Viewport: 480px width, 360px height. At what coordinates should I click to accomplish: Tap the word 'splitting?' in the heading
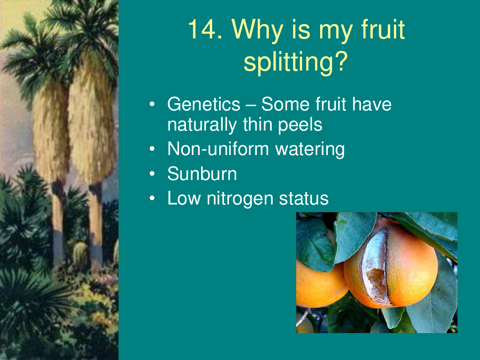tap(296, 62)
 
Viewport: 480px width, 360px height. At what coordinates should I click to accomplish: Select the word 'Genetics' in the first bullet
tap(204, 104)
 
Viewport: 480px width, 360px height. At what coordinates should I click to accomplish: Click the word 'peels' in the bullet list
tap(300, 125)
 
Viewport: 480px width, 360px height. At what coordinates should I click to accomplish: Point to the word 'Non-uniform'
tap(218, 149)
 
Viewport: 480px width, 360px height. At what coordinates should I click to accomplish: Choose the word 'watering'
tap(310, 150)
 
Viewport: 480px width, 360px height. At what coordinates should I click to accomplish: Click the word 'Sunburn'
tap(202, 174)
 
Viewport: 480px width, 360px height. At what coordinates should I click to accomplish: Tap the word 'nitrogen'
tap(240, 199)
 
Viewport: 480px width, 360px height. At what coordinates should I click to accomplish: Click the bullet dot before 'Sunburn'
tap(152, 174)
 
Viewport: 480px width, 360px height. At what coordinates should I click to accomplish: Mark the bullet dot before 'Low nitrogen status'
tap(152, 198)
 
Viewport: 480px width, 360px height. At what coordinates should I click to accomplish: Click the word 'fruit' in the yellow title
tap(383, 29)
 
